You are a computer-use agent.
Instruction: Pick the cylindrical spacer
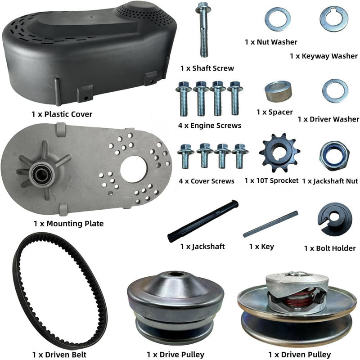point(278,92)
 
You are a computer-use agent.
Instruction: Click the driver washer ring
point(335,90)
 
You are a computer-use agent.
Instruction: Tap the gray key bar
point(270,224)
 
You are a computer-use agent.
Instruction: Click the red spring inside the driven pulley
point(297,297)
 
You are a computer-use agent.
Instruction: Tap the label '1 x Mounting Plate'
point(68,223)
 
